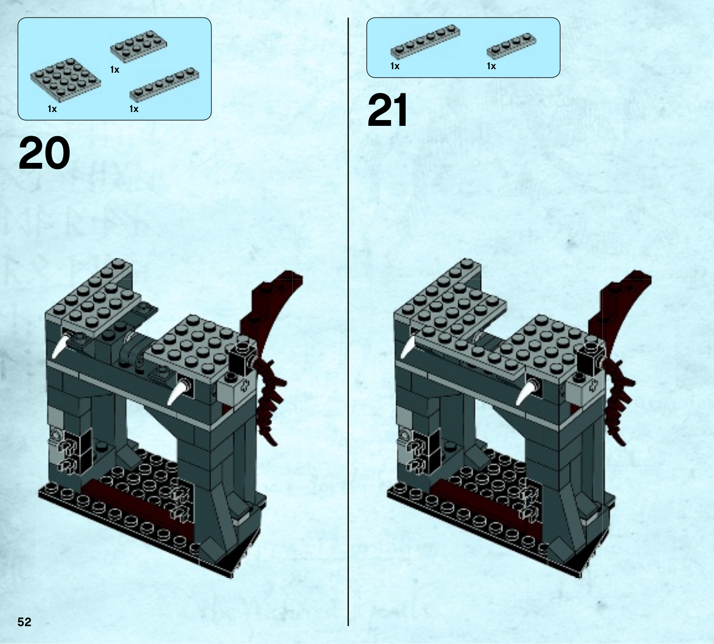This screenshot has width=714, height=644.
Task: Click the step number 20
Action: coord(44,153)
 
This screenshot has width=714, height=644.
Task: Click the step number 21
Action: coord(387,110)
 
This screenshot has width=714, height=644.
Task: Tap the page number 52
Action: coord(25,622)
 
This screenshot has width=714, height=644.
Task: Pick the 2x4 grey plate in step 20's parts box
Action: coord(139,46)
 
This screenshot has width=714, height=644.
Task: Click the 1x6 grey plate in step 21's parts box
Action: coord(425,42)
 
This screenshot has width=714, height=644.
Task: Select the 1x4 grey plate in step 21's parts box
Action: coord(511,46)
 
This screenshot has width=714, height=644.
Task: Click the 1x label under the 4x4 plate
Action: coord(52,109)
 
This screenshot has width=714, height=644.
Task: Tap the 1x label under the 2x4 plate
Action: coord(115,70)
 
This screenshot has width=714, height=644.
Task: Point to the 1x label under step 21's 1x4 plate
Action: coord(491,66)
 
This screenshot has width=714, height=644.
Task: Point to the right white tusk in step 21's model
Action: coord(526,391)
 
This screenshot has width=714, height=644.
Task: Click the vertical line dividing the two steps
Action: coord(348,322)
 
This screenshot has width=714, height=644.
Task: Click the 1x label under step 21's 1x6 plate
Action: coord(395,66)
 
